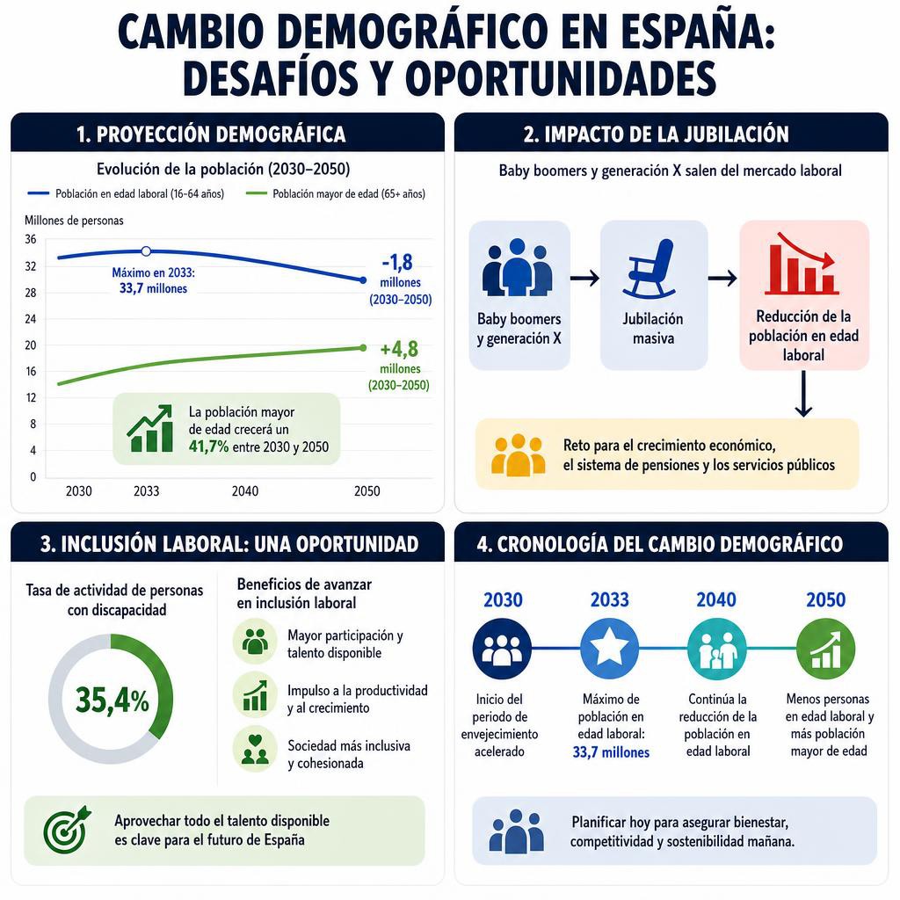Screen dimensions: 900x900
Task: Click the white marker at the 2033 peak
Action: click(x=147, y=251)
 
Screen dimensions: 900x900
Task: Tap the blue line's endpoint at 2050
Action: click(x=363, y=280)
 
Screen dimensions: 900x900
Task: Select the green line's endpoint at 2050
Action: click(x=363, y=348)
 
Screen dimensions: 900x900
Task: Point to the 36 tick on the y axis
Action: click(x=31, y=239)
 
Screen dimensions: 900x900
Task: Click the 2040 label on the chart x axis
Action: click(x=245, y=491)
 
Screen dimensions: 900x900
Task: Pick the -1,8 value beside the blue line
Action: click(x=397, y=262)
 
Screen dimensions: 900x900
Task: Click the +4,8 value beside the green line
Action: click(x=399, y=349)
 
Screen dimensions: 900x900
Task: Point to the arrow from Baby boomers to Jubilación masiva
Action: click(x=584, y=279)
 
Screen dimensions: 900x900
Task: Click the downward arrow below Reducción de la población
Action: click(x=803, y=394)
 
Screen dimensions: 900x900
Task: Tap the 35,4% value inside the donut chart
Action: click(x=112, y=700)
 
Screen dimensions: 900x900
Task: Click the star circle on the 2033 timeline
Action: click(x=610, y=649)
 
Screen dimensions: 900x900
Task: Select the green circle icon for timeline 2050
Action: click(x=825, y=649)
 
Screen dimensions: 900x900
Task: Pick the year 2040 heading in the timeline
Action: click(x=716, y=599)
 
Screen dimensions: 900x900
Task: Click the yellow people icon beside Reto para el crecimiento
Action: click(x=519, y=455)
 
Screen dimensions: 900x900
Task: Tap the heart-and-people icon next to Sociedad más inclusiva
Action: click(x=255, y=749)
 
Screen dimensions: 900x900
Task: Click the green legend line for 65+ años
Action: click(x=256, y=193)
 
